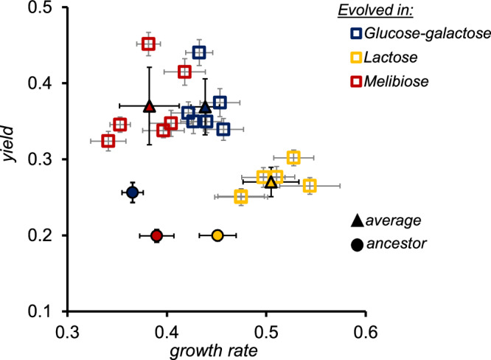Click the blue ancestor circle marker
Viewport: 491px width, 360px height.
[x=133, y=193]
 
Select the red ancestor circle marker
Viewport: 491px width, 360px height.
[x=156, y=236]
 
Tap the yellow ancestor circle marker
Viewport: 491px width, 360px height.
[x=217, y=235]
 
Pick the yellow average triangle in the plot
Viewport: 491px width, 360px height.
[x=271, y=181]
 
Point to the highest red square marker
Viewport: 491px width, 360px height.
[x=148, y=44]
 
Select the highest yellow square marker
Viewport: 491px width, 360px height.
[x=293, y=158]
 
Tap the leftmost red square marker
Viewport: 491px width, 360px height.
[x=108, y=140]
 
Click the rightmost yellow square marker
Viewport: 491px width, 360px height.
[x=310, y=186]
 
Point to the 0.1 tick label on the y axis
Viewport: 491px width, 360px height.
[x=43, y=312]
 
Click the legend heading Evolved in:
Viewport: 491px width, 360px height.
[x=421, y=10]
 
